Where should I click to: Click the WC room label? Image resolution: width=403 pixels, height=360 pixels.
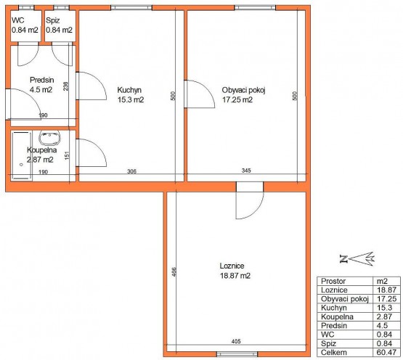coord(18,20)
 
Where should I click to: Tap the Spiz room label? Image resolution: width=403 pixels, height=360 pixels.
coord(53,20)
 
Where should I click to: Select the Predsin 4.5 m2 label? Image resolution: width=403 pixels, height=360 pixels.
coord(41,85)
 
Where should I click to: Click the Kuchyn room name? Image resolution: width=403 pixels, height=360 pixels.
coord(129,90)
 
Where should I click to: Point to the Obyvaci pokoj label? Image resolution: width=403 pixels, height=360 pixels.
coord(243,90)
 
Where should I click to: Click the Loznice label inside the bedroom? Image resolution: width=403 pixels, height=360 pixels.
coord(232,266)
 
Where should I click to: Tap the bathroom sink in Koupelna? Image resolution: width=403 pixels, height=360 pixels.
coord(49,137)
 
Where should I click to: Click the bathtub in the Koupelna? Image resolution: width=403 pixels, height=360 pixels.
coord(21,155)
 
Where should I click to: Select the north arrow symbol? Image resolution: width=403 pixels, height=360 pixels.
coord(357,259)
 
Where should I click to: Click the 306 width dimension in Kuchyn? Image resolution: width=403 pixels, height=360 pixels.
coord(131,171)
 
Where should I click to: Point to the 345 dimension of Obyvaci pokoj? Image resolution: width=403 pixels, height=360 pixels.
coord(246,171)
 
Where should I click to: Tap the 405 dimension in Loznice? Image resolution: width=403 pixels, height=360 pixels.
coord(236,341)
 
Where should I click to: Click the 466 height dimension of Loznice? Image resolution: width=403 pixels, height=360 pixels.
coord(174,272)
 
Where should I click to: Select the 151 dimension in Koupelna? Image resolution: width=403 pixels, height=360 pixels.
coord(67,155)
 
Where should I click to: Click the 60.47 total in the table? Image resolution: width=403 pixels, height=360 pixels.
coord(386,352)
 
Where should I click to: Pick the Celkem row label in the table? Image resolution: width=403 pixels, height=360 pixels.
coord(333,352)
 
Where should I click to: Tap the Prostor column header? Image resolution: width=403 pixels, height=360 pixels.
coord(333,281)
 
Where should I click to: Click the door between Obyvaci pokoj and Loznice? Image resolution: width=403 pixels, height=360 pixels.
coord(250,200)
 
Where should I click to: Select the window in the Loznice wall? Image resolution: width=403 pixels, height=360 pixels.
coord(237,354)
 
